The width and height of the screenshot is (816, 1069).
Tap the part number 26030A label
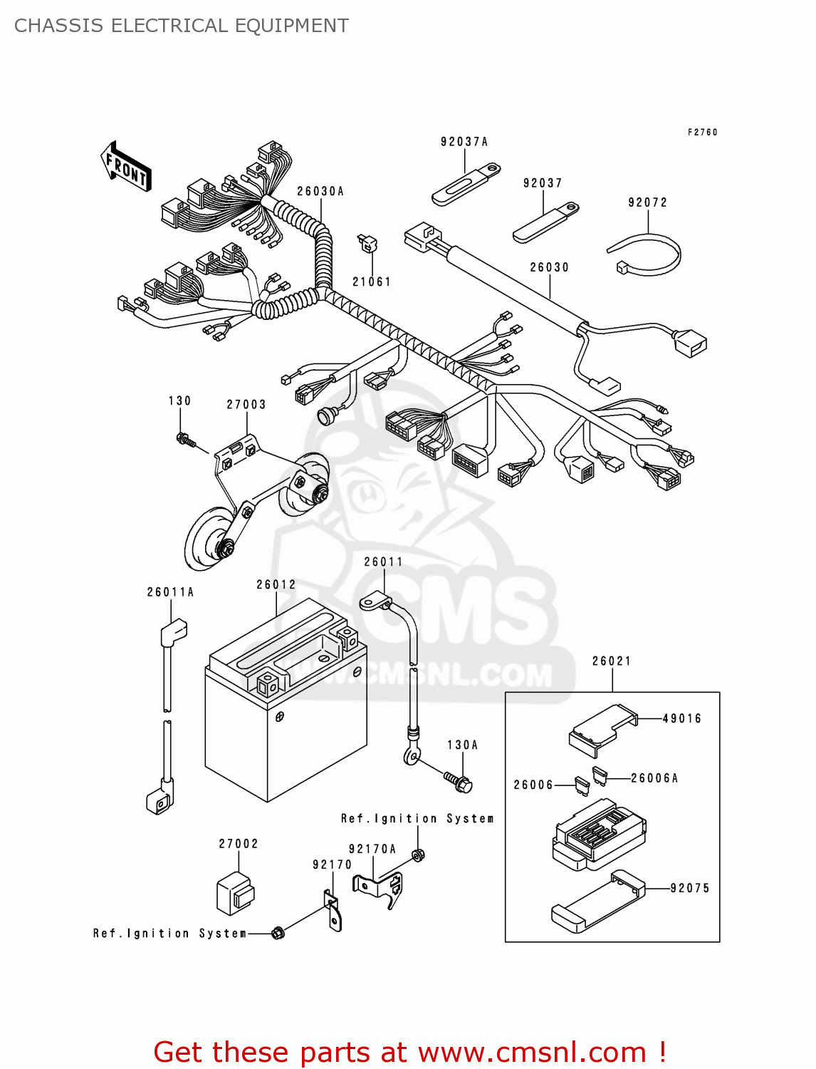320,191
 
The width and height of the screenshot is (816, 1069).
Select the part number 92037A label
464,142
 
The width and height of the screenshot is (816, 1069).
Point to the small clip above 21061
367,244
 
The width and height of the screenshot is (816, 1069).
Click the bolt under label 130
187,440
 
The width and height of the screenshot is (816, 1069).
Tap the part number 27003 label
246,405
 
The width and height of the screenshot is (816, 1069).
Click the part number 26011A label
170,592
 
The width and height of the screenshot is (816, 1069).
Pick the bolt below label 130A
458,781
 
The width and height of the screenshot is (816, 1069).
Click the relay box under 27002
235,894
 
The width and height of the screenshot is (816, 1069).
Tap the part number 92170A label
372,849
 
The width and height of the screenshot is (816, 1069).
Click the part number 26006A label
654,778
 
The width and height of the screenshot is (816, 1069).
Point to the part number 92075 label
690,888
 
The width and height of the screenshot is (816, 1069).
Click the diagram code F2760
703,133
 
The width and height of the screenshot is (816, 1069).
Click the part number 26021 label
612,661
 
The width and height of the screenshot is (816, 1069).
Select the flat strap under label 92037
545,224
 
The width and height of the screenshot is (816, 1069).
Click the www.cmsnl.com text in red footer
532,1052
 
